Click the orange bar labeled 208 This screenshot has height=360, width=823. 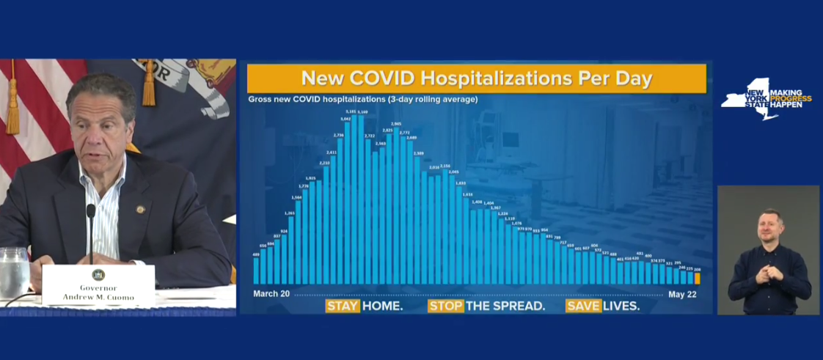point(697,278)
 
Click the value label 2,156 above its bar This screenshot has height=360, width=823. point(445,166)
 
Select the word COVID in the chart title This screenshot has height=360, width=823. point(378,78)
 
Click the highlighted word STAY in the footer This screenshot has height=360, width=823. point(343,306)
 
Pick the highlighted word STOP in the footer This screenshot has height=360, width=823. point(446,306)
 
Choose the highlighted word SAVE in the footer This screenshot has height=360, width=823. point(582,306)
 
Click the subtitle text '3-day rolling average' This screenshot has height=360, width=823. point(434,99)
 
